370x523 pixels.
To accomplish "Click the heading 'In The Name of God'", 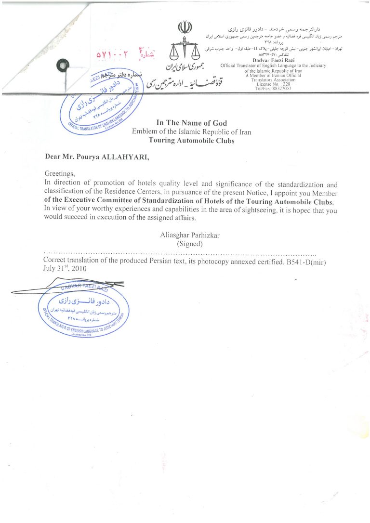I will coord(191,123).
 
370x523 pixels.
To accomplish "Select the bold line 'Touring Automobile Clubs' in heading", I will coord(191,141).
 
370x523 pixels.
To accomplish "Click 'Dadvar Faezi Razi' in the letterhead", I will coord(273,60).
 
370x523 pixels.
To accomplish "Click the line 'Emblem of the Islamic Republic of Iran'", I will coord(191,132).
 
